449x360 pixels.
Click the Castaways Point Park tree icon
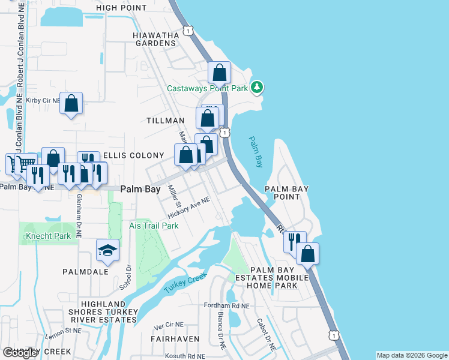(258, 88)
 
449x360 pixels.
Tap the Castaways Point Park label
(207, 88)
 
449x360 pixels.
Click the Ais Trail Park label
(154, 226)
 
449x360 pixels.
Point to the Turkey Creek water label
(184, 283)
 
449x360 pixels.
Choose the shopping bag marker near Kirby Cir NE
(71, 104)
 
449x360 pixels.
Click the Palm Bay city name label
(140, 188)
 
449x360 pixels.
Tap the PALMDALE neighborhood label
(85, 271)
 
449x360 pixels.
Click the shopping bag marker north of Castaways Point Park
(220, 73)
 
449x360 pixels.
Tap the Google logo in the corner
(20, 353)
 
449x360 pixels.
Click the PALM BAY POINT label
(287, 193)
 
